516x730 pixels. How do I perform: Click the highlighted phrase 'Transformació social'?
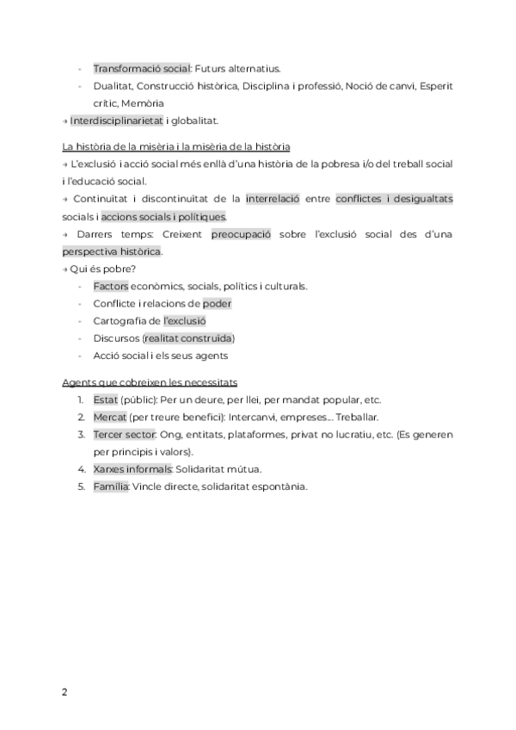pyautogui.click(x=142, y=68)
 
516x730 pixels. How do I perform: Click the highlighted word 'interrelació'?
pyautogui.click(x=273, y=199)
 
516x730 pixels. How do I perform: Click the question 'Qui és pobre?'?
pyautogui.click(x=98, y=269)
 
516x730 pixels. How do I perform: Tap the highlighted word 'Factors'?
pyautogui.click(x=111, y=286)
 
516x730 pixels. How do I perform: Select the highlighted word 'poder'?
pyautogui.click(x=217, y=303)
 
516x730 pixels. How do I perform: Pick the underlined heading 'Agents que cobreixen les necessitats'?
pyautogui.click(x=150, y=381)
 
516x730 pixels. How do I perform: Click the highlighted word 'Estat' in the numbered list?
pyautogui.click(x=106, y=399)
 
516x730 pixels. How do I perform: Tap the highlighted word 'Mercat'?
pyautogui.click(x=109, y=417)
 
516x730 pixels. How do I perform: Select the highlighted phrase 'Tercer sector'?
pyautogui.click(x=125, y=434)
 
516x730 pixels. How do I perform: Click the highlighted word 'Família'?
pyautogui.click(x=111, y=486)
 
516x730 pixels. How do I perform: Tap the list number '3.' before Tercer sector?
pyautogui.click(x=80, y=434)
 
